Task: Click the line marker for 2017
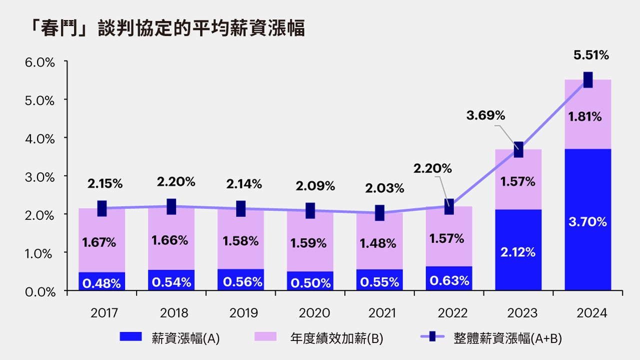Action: pyautogui.click(x=102, y=208)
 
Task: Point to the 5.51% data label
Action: pyautogui.click(x=591, y=55)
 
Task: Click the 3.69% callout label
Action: pyautogui.click(x=485, y=115)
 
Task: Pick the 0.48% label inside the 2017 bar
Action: pyautogui.click(x=102, y=283)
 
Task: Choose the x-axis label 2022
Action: pyautogui.click(x=452, y=313)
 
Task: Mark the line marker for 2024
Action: pyautogui.click(x=588, y=79)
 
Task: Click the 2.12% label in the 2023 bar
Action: pyautogui.click(x=518, y=252)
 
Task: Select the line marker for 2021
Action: pyautogui.click(x=380, y=212)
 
